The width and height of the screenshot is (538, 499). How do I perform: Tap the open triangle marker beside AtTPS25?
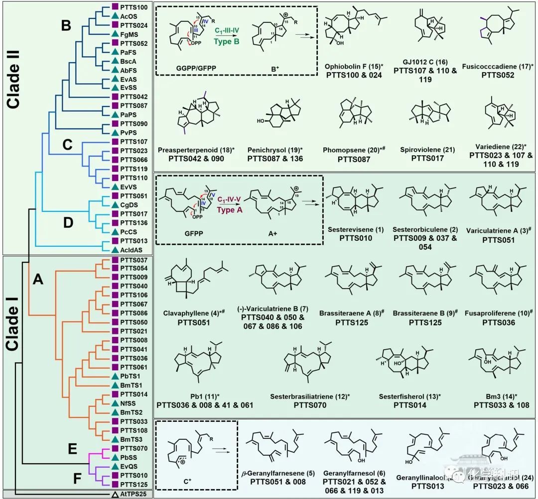[x=115, y=495]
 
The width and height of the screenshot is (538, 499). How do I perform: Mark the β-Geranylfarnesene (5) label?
[x=278, y=475]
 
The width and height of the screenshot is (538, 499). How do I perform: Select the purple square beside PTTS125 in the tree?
[x=115, y=485]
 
